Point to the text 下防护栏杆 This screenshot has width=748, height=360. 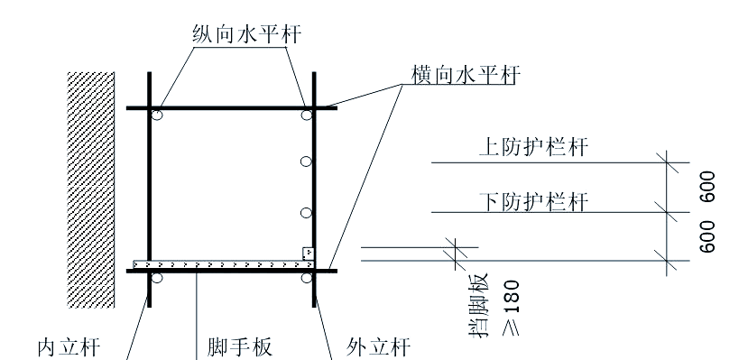click(x=532, y=199)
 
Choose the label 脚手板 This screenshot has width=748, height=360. click(x=239, y=346)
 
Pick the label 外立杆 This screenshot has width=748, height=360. click(x=380, y=346)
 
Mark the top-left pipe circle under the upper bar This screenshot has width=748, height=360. click(x=157, y=115)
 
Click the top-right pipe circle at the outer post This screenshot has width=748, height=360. click(x=307, y=115)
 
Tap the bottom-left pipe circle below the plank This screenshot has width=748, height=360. click(x=157, y=278)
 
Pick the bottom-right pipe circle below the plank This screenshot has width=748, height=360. click(x=307, y=278)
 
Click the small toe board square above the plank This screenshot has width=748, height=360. click(x=308, y=254)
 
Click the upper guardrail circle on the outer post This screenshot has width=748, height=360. click(x=307, y=161)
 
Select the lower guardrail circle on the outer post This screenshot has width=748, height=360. click(x=307, y=213)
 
